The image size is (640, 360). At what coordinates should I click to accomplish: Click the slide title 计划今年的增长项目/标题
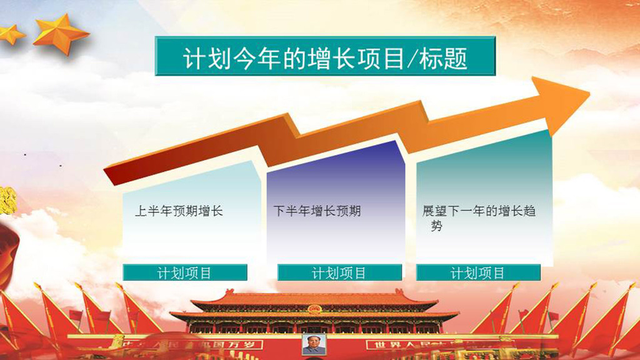(x=325, y=58)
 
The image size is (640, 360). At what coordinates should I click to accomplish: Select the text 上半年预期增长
(x=179, y=211)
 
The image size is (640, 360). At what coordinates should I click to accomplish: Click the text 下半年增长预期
(x=317, y=211)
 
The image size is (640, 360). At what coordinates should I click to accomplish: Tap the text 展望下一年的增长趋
(x=479, y=211)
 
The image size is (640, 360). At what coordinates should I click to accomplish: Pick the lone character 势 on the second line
(x=437, y=226)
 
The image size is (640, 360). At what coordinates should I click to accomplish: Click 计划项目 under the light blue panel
(x=184, y=273)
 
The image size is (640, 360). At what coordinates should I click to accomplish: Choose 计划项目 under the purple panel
(x=339, y=273)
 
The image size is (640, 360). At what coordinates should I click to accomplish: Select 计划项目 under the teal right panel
(x=478, y=273)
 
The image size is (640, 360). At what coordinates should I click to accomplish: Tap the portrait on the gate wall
(x=313, y=344)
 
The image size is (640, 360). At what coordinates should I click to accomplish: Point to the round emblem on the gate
(x=313, y=309)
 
